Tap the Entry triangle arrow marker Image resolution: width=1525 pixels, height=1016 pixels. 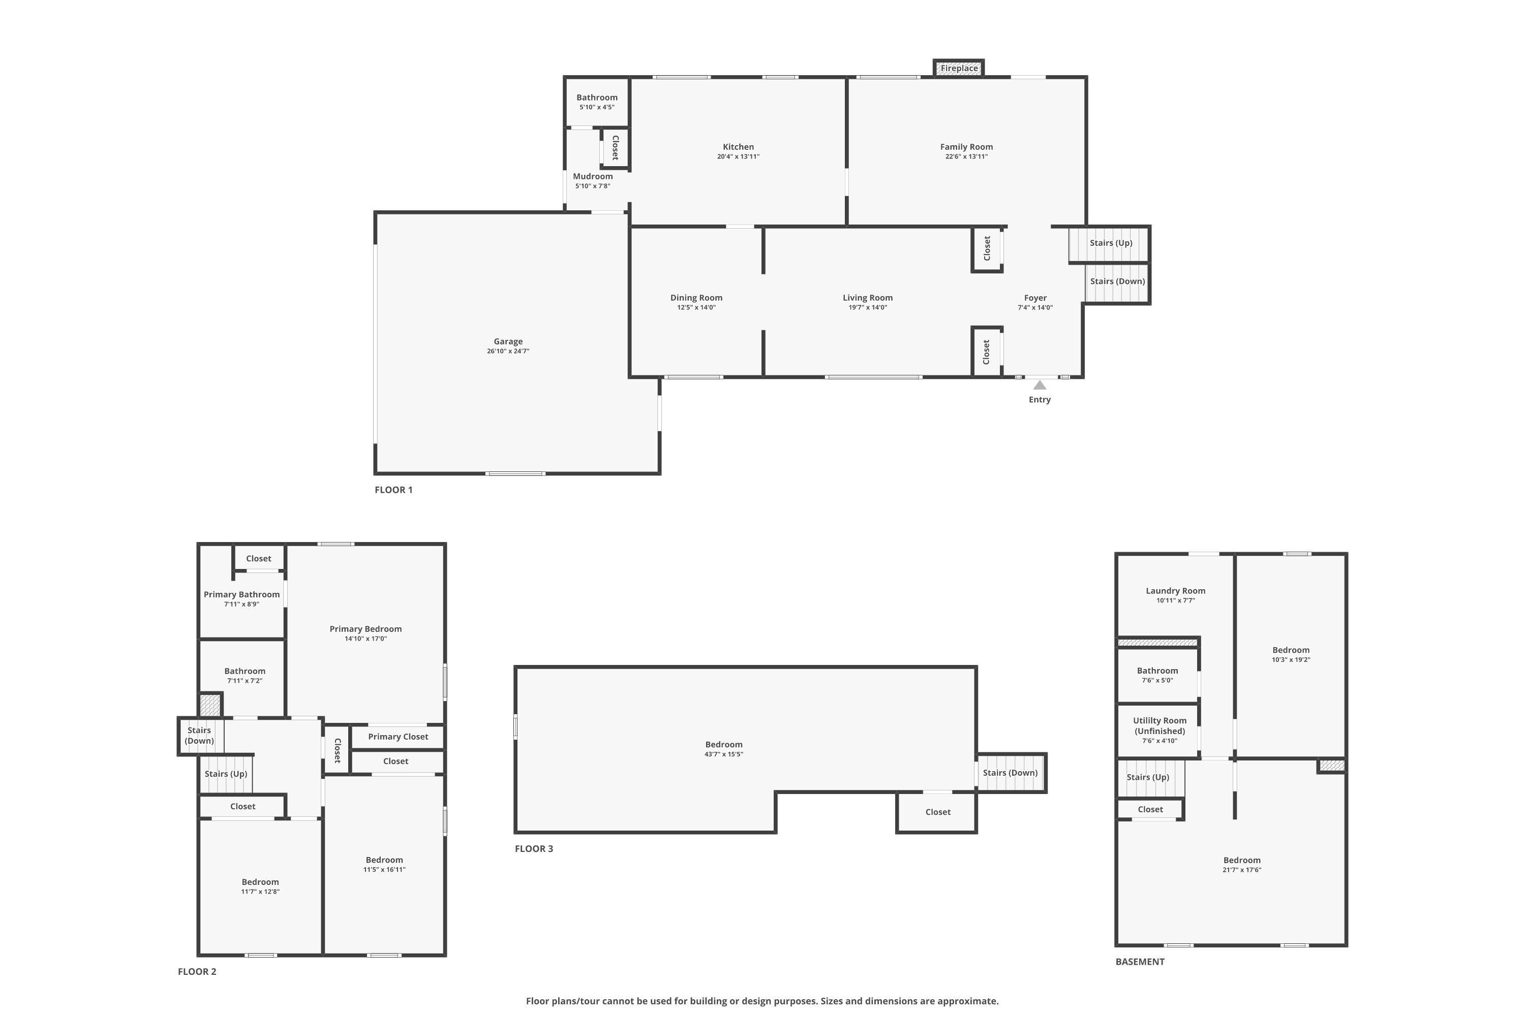[x=1040, y=385]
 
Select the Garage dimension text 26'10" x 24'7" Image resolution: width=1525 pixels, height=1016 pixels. [x=508, y=351]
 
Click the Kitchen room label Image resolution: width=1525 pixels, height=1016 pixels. [x=739, y=146]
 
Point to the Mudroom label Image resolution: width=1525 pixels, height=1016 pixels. [x=593, y=176]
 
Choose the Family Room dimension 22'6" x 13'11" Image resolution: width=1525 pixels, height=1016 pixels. [x=966, y=156]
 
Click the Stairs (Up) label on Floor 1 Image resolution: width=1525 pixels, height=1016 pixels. [x=1111, y=243]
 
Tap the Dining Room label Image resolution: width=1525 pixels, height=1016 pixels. [x=696, y=297]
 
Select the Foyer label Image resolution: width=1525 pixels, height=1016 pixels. [x=1035, y=297]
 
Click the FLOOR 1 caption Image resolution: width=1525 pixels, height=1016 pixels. [x=393, y=490]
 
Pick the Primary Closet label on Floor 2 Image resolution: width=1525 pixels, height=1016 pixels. [x=398, y=737]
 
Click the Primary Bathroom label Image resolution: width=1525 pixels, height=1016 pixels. [x=242, y=594]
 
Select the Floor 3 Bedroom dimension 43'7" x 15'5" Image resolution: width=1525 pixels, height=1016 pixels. [x=723, y=754]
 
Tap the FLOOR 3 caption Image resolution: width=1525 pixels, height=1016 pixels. [x=534, y=849]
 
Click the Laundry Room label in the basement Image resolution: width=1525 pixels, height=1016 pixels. [x=1175, y=590]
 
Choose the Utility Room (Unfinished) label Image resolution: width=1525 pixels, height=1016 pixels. [x=1160, y=726]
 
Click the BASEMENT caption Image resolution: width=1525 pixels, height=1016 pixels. [x=1140, y=962]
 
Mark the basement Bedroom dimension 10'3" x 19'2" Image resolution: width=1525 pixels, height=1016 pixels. [x=1291, y=659]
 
